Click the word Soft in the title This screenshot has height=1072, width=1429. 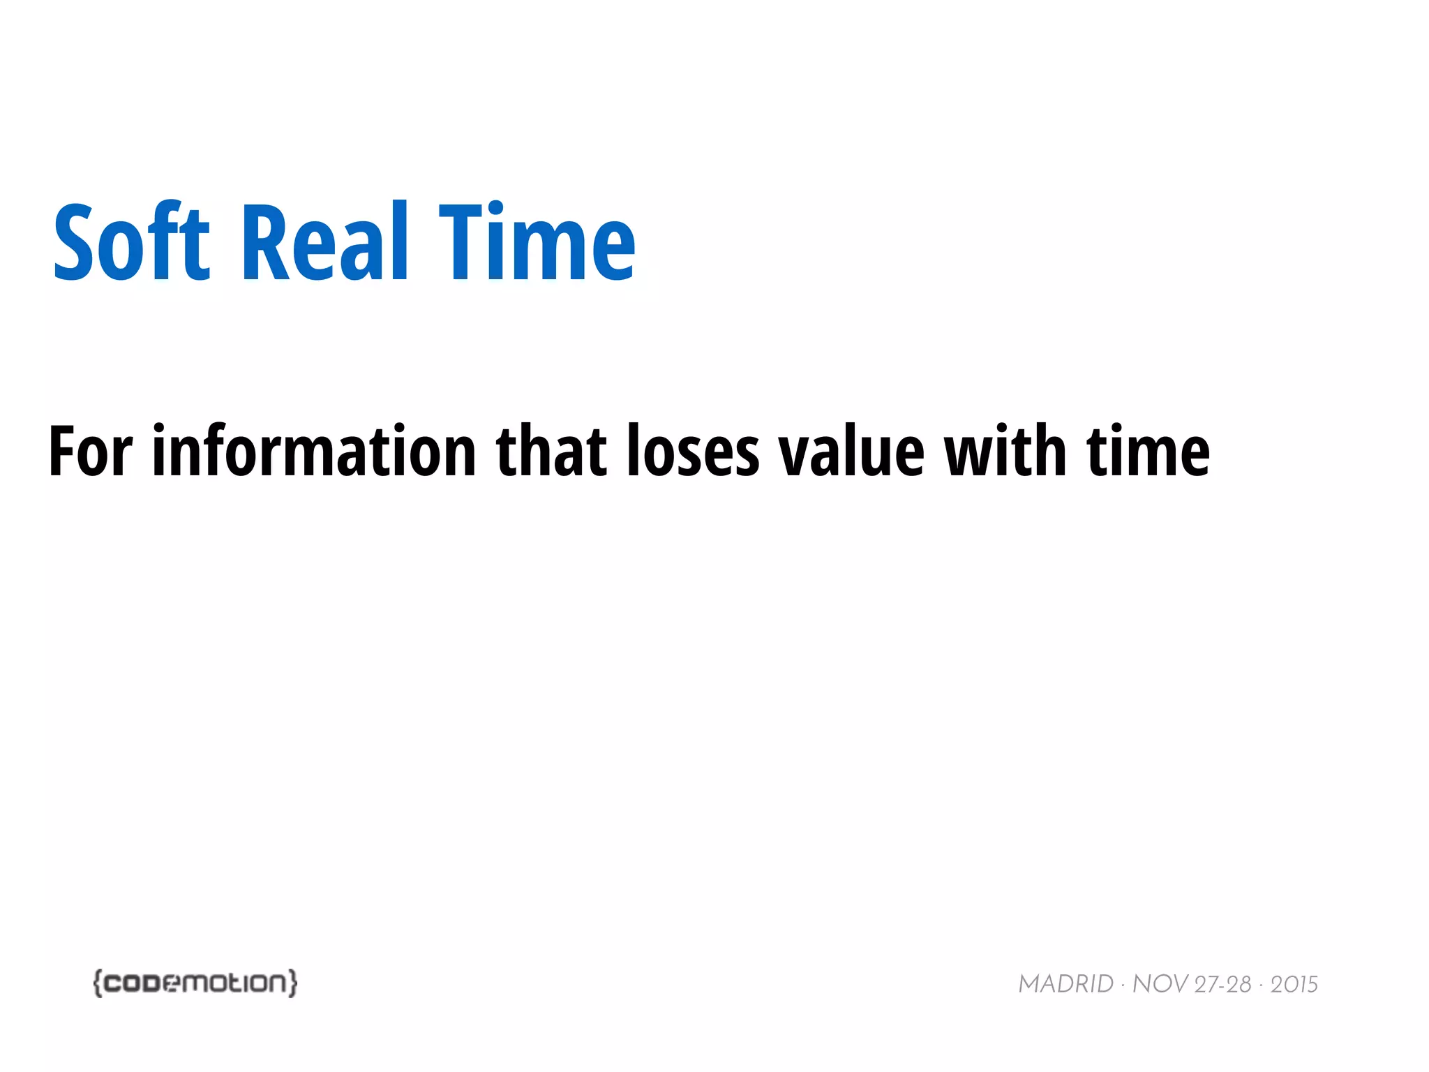[132, 242]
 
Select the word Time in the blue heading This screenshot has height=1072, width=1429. [537, 242]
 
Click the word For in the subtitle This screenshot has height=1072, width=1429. [90, 452]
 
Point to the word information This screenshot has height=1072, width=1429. [314, 452]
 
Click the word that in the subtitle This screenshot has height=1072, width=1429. [551, 452]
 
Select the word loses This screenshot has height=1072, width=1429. [693, 452]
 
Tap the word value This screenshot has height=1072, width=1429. [852, 452]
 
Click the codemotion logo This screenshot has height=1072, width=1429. [195, 983]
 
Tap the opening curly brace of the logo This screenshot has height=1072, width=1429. [98, 983]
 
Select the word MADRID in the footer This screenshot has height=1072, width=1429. [1065, 984]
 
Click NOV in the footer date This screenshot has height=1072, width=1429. [1160, 984]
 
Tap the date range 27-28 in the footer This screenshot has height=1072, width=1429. [1222, 984]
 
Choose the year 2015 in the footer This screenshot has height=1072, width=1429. [1294, 984]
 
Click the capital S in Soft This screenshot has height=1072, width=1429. [74, 242]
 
